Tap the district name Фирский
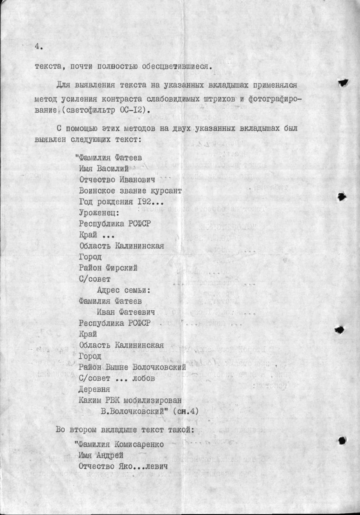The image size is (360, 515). (122, 268)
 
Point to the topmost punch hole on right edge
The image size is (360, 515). (342, 83)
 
